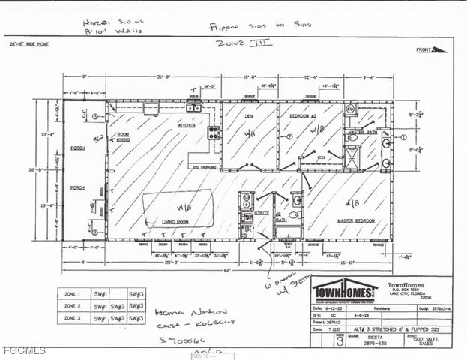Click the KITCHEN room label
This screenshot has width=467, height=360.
click(x=187, y=125)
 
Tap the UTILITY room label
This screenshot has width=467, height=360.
click(x=262, y=214)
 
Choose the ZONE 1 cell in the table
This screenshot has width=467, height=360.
click(x=73, y=294)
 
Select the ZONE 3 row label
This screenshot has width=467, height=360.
click(x=73, y=318)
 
